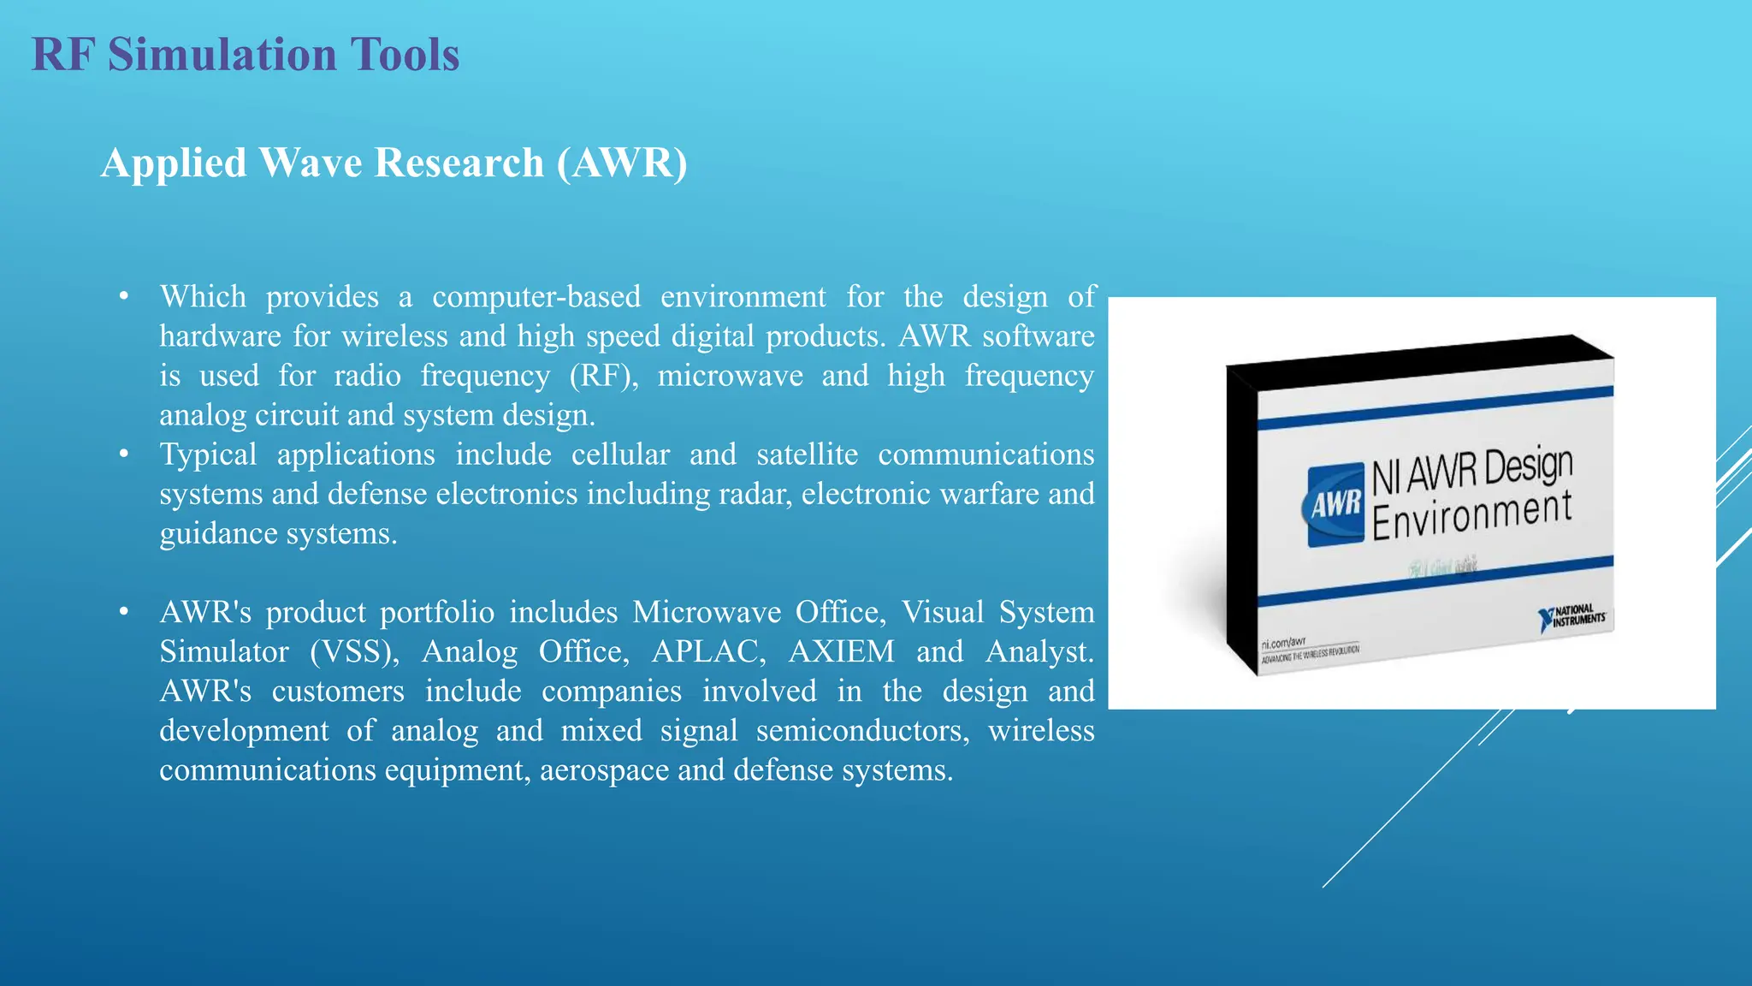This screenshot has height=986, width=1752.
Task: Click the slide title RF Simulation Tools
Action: (246, 55)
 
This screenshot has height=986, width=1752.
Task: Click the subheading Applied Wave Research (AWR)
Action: (394, 163)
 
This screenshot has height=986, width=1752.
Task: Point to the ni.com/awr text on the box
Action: (1283, 642)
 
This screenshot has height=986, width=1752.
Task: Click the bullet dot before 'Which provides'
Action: (124, 296)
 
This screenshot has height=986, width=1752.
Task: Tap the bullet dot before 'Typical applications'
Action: (124, 454)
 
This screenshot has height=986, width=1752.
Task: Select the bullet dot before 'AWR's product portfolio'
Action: (124, 612)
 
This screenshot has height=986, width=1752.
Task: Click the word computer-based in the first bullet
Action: (536, 297)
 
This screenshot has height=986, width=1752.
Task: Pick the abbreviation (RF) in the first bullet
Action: (604, 376)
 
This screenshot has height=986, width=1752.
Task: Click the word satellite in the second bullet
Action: (807, 454)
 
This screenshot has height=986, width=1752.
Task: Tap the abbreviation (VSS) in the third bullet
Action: (355, 652)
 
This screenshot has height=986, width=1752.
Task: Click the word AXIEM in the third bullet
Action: (841, 652)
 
